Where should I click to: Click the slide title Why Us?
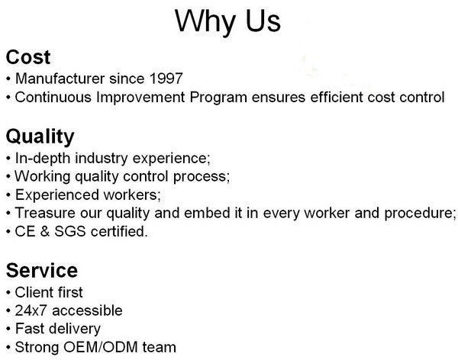click(227, 21)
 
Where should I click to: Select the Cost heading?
click(28, 57)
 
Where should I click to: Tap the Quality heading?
click(40, 137)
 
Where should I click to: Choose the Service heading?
click(42, 270)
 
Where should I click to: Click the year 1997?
click(166, 79)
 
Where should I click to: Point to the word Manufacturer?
click(60, 79)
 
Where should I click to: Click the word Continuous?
click(53, 97)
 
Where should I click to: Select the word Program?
click(218, 98)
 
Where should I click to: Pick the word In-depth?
click(43, 158)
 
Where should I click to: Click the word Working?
click(43, 177)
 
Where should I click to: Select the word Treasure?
click(45, 213)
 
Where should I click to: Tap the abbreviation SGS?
click(70, 231)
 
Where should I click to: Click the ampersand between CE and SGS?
click(45, 231)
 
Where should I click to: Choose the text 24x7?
click(31, 310)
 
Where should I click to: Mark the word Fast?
click(27, 329)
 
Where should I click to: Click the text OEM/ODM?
click(101, 347)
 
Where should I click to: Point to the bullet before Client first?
click(8, 292)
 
